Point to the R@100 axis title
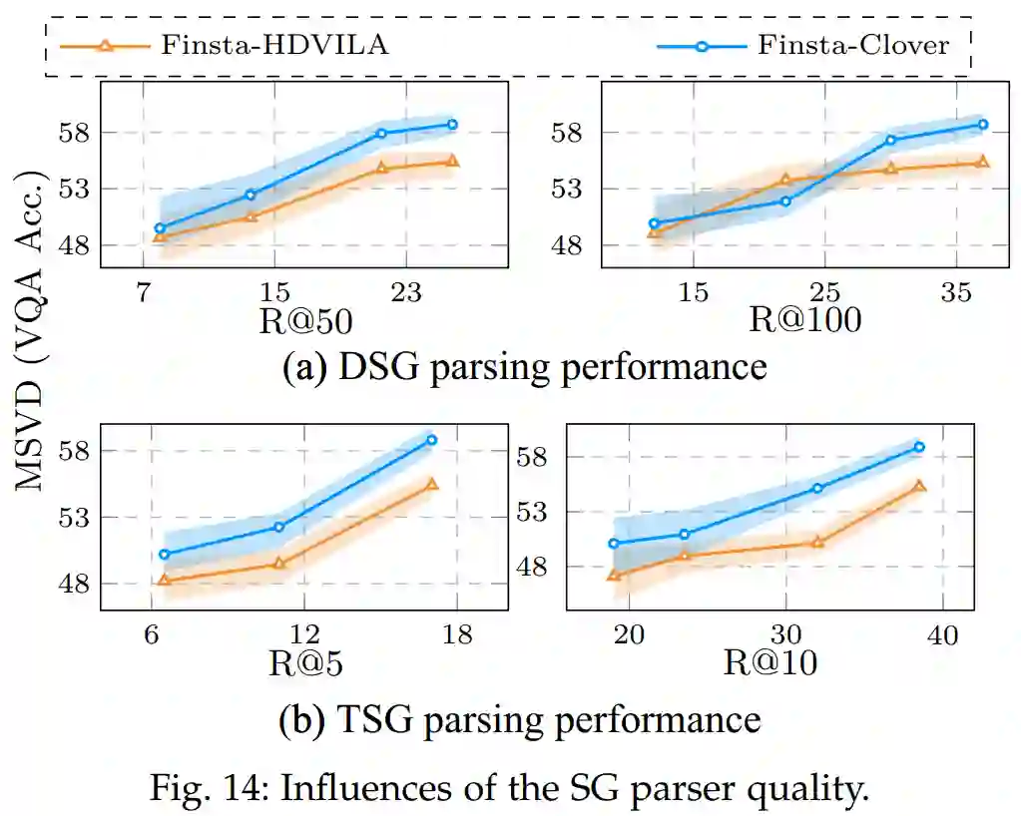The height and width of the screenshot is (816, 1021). tap(806, 321)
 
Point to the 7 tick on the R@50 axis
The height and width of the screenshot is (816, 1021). tap(143, 292)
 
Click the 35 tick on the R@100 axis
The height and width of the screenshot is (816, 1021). tap(956, 292)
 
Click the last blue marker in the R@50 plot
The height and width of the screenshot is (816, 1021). tap(452, 125)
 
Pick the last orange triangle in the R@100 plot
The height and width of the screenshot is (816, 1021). tap(982, 162)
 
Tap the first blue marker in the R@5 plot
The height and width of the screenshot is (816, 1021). tap(165, 554)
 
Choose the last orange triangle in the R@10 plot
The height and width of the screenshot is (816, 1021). tap(919, 486)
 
